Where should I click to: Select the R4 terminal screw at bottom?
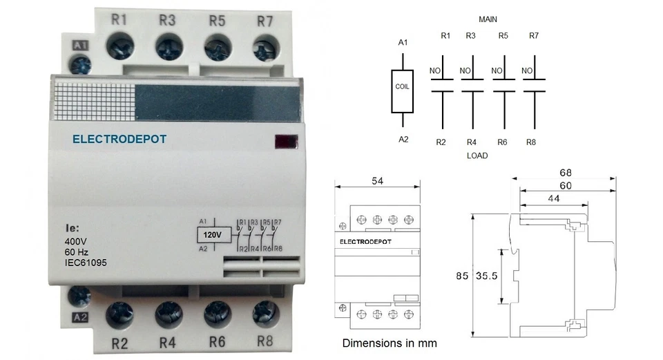coord(168,314)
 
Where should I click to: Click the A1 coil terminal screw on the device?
coord(81,66)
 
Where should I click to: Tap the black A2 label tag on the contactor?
coord(80,319)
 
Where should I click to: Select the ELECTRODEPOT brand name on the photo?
coord(119,139)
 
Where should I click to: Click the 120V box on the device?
coord(215,235)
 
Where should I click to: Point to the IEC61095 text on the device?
coord(86,263)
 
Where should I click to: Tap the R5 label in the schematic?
coord(503,35)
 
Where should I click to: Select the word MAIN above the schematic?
coord(488,19)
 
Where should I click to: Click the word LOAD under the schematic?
coord(477,155)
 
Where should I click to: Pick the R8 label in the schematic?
coord(531,142)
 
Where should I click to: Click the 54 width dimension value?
coord(378,180)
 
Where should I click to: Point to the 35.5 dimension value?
coord(488,276)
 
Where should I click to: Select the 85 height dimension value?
coord(461,276)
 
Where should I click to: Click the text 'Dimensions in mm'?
coord(390,343)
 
